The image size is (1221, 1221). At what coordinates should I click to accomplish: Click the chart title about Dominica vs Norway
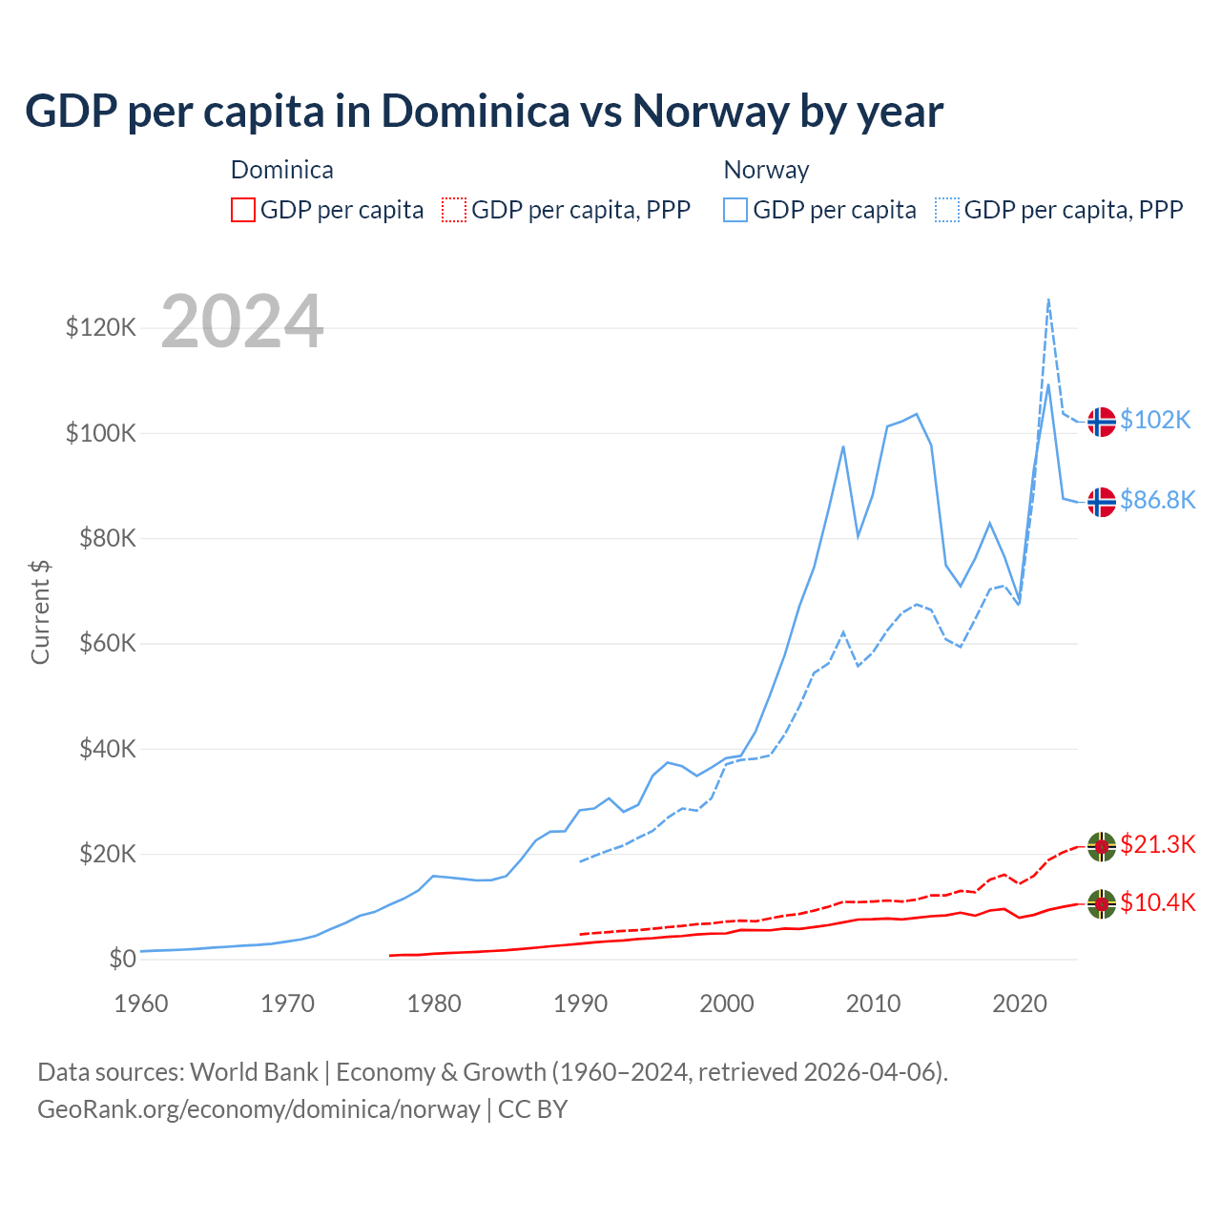tap(484, 112)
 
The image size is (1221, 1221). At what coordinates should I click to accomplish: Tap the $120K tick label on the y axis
tap(101, 328)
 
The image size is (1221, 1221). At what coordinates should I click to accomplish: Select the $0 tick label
tap(122, 959)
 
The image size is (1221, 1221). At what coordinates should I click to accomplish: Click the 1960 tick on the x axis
tap(141, 1004)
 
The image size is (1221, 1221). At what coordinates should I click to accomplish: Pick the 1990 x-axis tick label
tap(580, 1004)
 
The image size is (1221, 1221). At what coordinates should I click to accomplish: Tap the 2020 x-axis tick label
tap(1020, 1004)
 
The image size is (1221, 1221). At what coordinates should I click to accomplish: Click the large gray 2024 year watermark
tap(242, 321)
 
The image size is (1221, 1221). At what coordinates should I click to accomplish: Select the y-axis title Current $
tap(40, 612)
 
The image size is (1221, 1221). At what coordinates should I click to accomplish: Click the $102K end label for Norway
tap(1155, 421)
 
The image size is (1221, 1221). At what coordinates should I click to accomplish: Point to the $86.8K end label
tap(1157, 501)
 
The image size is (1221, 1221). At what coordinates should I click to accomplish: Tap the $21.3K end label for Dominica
tap(1157, 845)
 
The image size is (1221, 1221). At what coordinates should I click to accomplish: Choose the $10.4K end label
tap(1157, 903)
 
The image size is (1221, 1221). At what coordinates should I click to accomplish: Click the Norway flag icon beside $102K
tap(1102, 421)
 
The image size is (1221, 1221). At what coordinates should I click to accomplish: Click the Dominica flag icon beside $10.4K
tap(1102, 903)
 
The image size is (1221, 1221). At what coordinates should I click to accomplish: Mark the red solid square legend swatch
tap(243, 210)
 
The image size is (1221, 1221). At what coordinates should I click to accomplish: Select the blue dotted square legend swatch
tap(947, 210)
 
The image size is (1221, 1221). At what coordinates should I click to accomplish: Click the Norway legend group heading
tap(766, 170)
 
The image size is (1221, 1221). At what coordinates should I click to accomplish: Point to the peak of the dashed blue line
tap(1048, 300)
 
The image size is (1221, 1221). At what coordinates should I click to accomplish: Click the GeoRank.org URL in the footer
tap(259, 1109)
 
